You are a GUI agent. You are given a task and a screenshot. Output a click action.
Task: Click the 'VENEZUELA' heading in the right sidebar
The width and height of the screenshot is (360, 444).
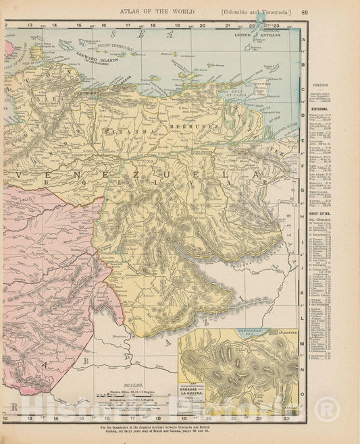tap(326, 84)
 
